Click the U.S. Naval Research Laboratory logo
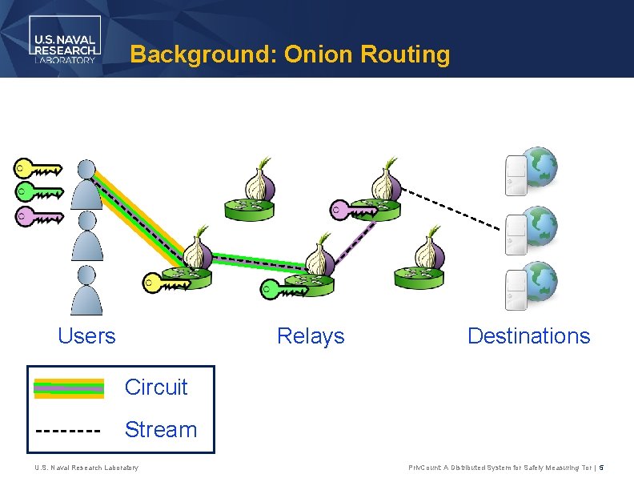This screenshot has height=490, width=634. coord(65,39)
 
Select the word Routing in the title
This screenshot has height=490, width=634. coord(405,55)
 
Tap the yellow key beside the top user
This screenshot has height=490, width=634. coord(38,169)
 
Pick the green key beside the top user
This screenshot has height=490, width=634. coord(39,191)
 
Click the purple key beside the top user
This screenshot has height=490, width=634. coord(39,216)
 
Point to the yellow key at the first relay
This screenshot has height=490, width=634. coord(167,283)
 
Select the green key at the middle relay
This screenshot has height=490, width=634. coord(284,289)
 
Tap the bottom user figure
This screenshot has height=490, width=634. coord(86,290)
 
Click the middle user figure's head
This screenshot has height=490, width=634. coord(87,220)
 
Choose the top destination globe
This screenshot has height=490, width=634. coord(540,167)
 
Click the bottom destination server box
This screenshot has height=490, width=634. coord(516,291)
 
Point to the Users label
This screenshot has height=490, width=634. coord(86,335)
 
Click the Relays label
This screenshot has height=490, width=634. coord(311,336)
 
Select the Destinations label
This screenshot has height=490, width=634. coord(528,335)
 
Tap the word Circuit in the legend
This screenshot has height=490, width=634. coord(156,387)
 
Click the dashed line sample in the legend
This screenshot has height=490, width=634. coord(68,431)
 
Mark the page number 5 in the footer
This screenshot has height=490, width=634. coord(601,468)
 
